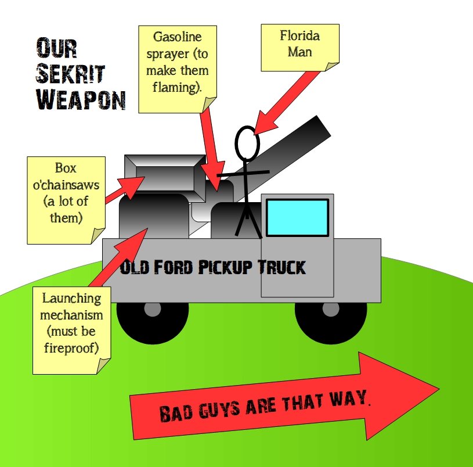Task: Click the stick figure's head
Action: click(247, 143)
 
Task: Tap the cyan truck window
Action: click(298, 217)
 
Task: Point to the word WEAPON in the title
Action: click(81, 100)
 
